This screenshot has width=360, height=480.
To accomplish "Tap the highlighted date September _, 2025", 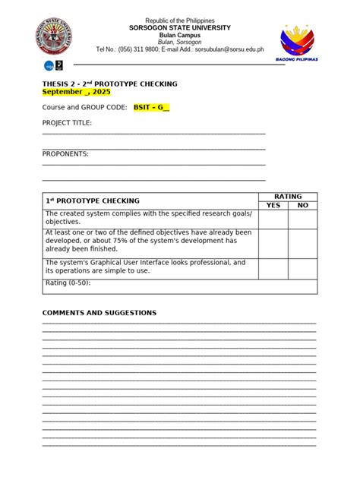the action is (x=76, y=91).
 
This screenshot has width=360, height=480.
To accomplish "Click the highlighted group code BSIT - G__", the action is (x=151, y=108).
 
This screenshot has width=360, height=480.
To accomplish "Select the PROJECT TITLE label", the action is (x=67, y=122).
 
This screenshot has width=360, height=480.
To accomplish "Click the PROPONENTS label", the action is (x=65, y=153).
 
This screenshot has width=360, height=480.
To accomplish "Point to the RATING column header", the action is (x=288, y=196).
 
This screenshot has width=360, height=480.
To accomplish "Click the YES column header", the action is (x=273, y=205).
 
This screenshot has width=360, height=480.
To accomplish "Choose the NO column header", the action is (x=302, y=205).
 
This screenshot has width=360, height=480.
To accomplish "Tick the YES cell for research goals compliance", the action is (x=273, y=218).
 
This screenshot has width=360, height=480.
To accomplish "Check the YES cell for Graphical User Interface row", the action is (x=273, y=267).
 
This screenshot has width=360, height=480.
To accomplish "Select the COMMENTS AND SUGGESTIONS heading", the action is (x=99, y=313).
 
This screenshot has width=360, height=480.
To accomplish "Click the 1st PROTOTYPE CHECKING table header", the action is (x=93, y=201).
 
